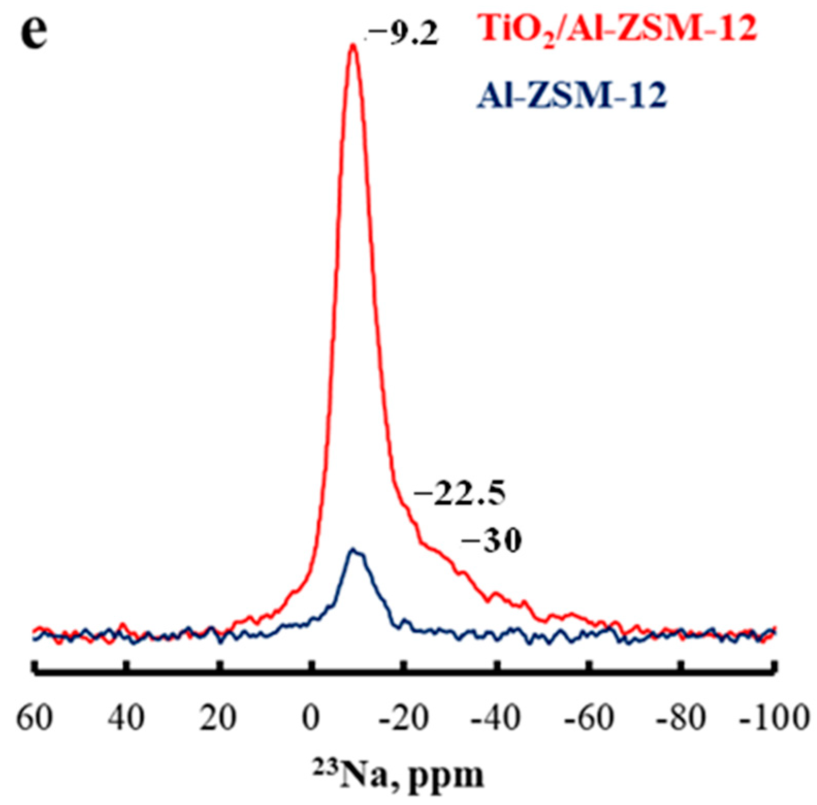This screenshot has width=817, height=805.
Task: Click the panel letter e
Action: point(34,32)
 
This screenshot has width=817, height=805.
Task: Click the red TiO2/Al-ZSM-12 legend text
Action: point(617,29)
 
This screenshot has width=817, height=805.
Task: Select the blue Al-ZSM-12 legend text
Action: point(571,95)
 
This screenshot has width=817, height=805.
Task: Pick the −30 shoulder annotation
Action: point(491,541)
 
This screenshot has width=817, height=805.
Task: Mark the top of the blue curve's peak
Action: point(354,550)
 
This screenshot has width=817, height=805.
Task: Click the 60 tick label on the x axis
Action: point(34,717)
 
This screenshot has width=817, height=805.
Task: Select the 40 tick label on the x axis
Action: point(126,717)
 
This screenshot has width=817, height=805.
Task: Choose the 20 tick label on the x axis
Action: point(218,717)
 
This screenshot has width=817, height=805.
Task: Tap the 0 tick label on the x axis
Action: point(311,717)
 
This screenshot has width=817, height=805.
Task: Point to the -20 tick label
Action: point(403,717)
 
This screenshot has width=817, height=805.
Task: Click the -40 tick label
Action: point(496,717)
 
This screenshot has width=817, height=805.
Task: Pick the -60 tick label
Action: point(589,717)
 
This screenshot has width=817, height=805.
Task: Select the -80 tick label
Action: point(680,717)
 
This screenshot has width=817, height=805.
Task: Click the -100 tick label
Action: point(772,717)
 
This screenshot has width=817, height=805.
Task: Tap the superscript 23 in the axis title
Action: point(322,766)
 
